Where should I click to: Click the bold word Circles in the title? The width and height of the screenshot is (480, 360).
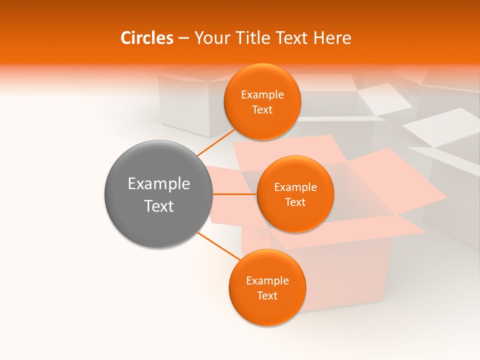[146, 38]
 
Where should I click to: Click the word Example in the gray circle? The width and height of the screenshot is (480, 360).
[159, 184]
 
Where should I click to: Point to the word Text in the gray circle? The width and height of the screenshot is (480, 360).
[159, 206]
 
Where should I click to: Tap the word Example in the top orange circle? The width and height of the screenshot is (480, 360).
[262, 95]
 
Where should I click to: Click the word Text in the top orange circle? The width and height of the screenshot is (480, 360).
[262, 110]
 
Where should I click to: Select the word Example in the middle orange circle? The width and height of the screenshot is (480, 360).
[295, 187]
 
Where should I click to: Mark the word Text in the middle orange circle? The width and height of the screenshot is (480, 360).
[295, 202]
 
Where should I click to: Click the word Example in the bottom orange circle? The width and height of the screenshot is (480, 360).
[267, 281]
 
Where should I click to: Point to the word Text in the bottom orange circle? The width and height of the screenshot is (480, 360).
[267, 296]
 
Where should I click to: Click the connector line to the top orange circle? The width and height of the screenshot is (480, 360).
[216, 142]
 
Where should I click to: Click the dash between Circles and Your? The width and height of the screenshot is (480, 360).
[183, 38]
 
